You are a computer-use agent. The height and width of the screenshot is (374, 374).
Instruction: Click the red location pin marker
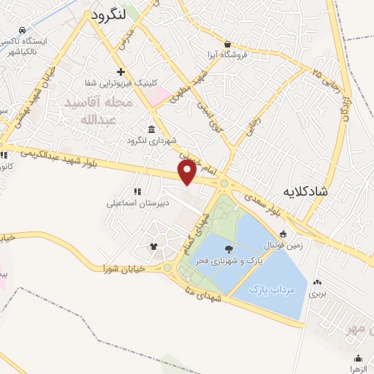tap(187, 172)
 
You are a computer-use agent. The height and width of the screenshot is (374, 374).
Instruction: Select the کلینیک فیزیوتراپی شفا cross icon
tap(121, 72)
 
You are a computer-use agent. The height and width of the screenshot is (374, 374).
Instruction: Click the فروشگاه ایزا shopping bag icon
tap(227, 43)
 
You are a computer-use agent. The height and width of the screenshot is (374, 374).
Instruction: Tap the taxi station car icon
tap(23, 30)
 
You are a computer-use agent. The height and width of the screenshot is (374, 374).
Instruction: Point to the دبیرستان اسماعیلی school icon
tap(137, 191)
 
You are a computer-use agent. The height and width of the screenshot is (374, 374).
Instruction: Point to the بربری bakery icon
tap(316, 283)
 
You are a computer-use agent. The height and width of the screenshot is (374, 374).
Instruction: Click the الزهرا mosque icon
tap(358, 358)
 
